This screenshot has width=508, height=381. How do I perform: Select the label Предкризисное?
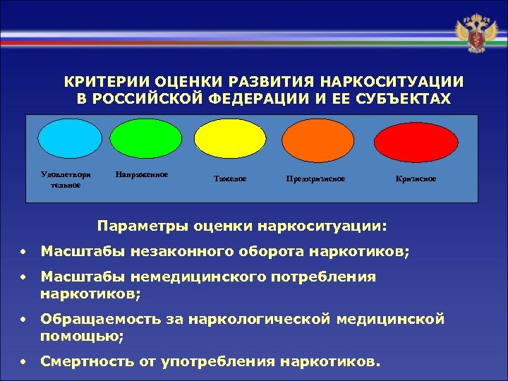(x=315, y=179)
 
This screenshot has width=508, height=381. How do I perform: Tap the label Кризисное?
(x=416, y=179)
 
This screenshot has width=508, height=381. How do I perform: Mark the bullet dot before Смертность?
(x=24, y=363)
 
